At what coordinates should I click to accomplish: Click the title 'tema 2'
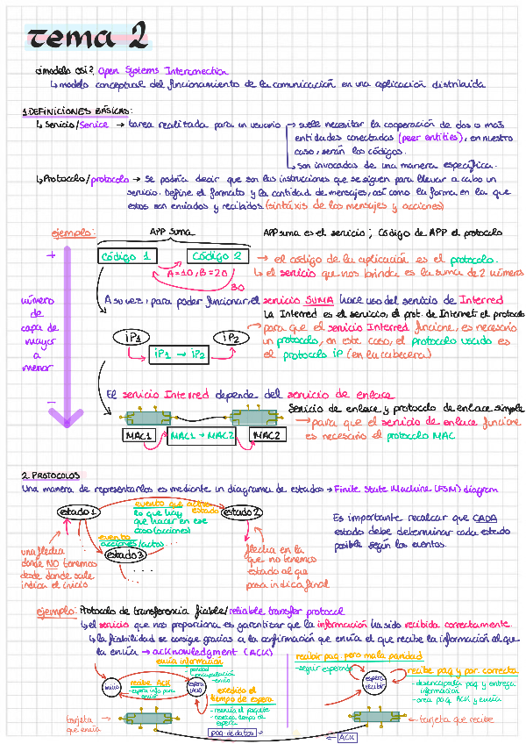(86, 37)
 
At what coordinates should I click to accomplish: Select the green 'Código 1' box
(128, 257)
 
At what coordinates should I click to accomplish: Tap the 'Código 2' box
(218, 256)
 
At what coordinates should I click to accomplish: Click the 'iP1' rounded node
(139, 337)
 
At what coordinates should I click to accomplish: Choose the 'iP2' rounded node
(231, 337)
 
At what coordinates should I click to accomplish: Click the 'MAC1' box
(140, 435)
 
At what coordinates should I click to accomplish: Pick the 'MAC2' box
(267, 435)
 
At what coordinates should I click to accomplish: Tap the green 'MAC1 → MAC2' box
(202, 436)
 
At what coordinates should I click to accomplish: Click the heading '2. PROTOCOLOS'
(51, 475)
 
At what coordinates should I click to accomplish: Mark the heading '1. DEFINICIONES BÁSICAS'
(77, 111)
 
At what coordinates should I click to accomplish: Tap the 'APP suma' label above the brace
(172, 232)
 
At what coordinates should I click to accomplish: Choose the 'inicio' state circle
(110, 687)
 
